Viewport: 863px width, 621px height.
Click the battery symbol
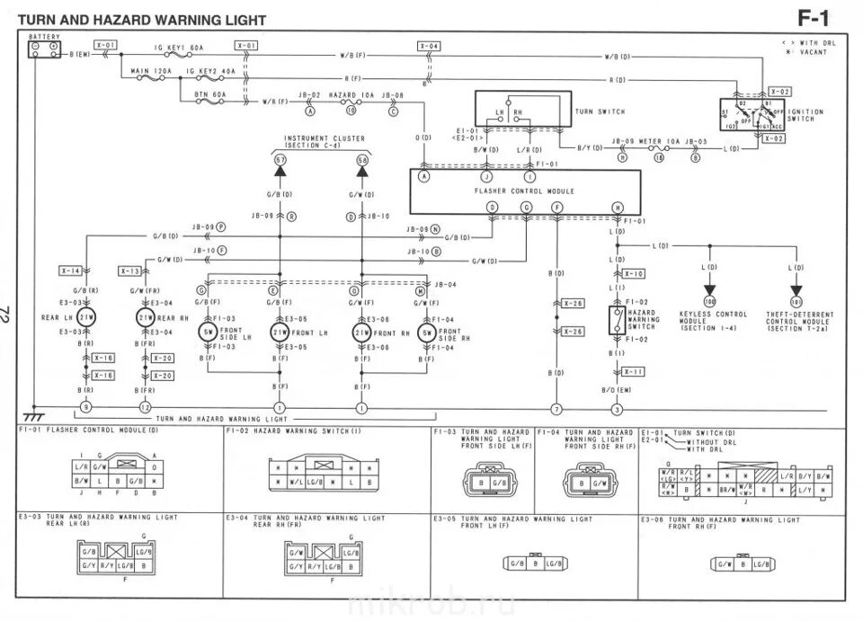pos(44,50)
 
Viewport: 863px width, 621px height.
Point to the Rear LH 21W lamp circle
pos(86,317)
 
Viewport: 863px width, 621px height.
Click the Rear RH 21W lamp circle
pos(146,317)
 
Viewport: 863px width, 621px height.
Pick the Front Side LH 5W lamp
pos(209,332)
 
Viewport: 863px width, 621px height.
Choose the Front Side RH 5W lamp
pos(425,332)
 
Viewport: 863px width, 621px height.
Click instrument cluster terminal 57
pos(280,160)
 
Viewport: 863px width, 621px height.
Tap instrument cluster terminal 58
pos(362,160)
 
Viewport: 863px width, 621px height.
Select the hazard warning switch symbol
pos(616,320)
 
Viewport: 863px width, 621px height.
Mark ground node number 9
pos(86,409)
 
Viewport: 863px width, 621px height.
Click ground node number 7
pos(556,409)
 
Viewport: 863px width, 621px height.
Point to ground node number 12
pos(146,409)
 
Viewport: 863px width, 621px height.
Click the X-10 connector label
pos(634,273)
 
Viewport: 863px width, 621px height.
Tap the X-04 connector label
pos(429,46)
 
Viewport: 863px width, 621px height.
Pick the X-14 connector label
pos(71,270)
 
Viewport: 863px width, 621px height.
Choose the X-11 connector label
pos(634,370)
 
